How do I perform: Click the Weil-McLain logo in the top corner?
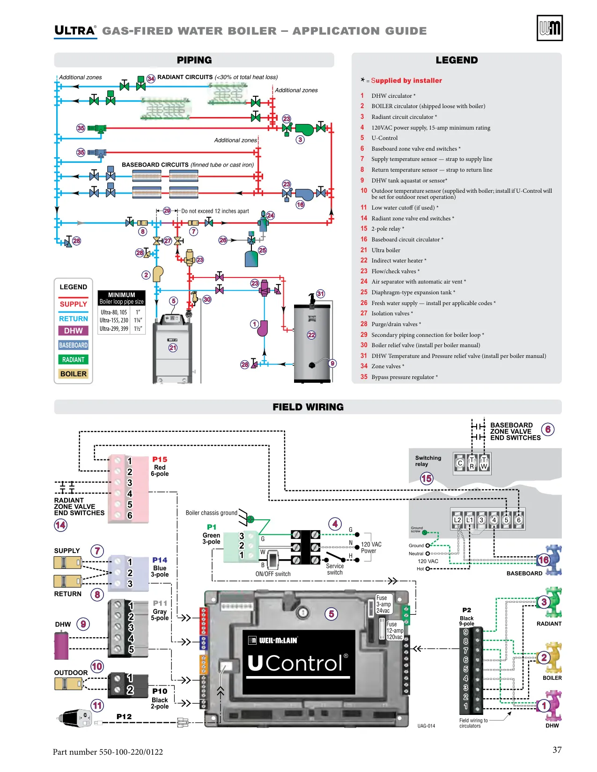tap(549, 28)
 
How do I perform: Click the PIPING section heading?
tap(194, 60)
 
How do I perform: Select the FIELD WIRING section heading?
tap(308, 407)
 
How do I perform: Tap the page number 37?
tap(557, 750)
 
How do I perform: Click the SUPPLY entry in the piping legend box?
tap(73, 304)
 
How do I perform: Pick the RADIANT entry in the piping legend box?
tap(73, 359)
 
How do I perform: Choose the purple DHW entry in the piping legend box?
tap(73, 331)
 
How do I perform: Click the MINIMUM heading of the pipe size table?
tap(122, 295)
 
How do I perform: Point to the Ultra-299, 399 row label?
tap(114, 328)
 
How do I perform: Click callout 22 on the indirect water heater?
tap(311, 335)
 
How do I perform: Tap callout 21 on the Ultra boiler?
tap(173, 348)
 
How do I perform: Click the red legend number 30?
tap(364, 345)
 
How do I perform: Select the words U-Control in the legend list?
tap(384, 138)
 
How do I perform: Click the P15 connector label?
tap(160, 459)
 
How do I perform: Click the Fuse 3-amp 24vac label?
tap(383, 604)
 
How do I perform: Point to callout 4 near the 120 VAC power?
tap(335, 524)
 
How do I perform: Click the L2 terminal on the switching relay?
tap(457, 520)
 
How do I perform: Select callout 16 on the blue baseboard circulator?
tap(544, 560)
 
